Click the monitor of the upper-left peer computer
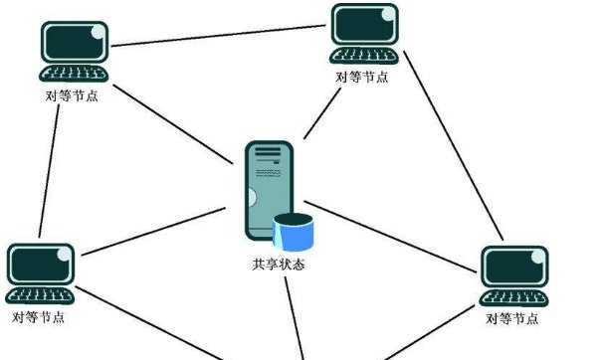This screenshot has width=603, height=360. click(74, 42)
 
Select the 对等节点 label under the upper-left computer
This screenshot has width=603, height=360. click(72, 96)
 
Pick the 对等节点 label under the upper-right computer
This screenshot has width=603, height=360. click(362, 77)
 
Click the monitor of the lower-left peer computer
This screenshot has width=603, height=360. click(41, 265)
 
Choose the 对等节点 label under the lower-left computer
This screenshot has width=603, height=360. click(40, 317)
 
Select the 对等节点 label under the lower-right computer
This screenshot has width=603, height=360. click(512, 318)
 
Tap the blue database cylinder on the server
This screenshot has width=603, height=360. click(294, 233)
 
